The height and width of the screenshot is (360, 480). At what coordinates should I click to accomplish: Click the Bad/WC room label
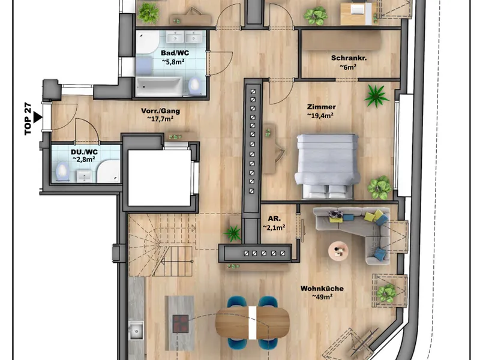click(x=175, y=53)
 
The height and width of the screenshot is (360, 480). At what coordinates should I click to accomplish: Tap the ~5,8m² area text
click(x=173, y=62)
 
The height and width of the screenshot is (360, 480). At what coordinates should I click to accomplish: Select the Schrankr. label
click(x=349, y=58)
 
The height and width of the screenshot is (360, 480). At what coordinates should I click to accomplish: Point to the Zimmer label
click(x=321, y=107)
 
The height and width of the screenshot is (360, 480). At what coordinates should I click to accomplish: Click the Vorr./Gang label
click(x=160, y=111)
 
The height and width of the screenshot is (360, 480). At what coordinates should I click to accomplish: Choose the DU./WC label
click(x=84, y=152)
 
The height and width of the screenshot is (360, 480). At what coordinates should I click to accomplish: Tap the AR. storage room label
click(x=274, y=218)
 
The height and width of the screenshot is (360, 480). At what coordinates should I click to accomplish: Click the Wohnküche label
click(x=322, y=289)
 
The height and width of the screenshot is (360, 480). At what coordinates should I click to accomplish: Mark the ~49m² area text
click(x=322, y=296)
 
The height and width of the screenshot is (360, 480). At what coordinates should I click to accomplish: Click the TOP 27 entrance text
click(x=28, y=119)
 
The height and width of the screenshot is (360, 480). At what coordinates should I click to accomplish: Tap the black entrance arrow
click(x=37, y=117)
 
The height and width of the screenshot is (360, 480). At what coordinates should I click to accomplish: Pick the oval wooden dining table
click(x=252, y=323)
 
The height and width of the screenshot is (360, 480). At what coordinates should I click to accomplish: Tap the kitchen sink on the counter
click(x=136, y=330)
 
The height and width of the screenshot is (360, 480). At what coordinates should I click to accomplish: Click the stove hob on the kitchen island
click(x=181, y=324)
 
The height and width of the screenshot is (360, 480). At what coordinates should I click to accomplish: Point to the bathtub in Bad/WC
click(x=159, y=86)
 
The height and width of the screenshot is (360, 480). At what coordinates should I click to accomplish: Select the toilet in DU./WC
click(x=63, y=172)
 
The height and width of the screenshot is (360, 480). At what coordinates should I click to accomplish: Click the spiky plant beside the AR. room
click(x=233, y=233)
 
